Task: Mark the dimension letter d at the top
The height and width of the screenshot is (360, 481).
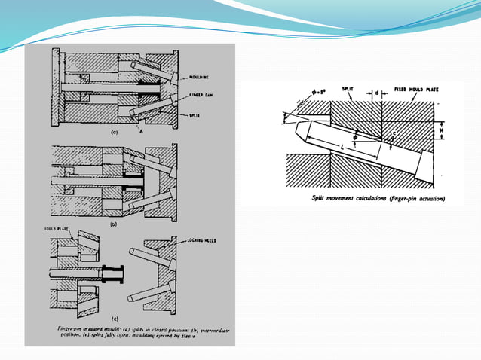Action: click(x=376, y=94)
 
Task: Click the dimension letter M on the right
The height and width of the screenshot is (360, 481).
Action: click(x=443, y=130)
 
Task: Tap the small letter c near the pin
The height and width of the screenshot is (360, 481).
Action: click(x=394, y=133)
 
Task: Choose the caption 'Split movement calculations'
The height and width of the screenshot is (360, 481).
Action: click(x=378, y=199)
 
